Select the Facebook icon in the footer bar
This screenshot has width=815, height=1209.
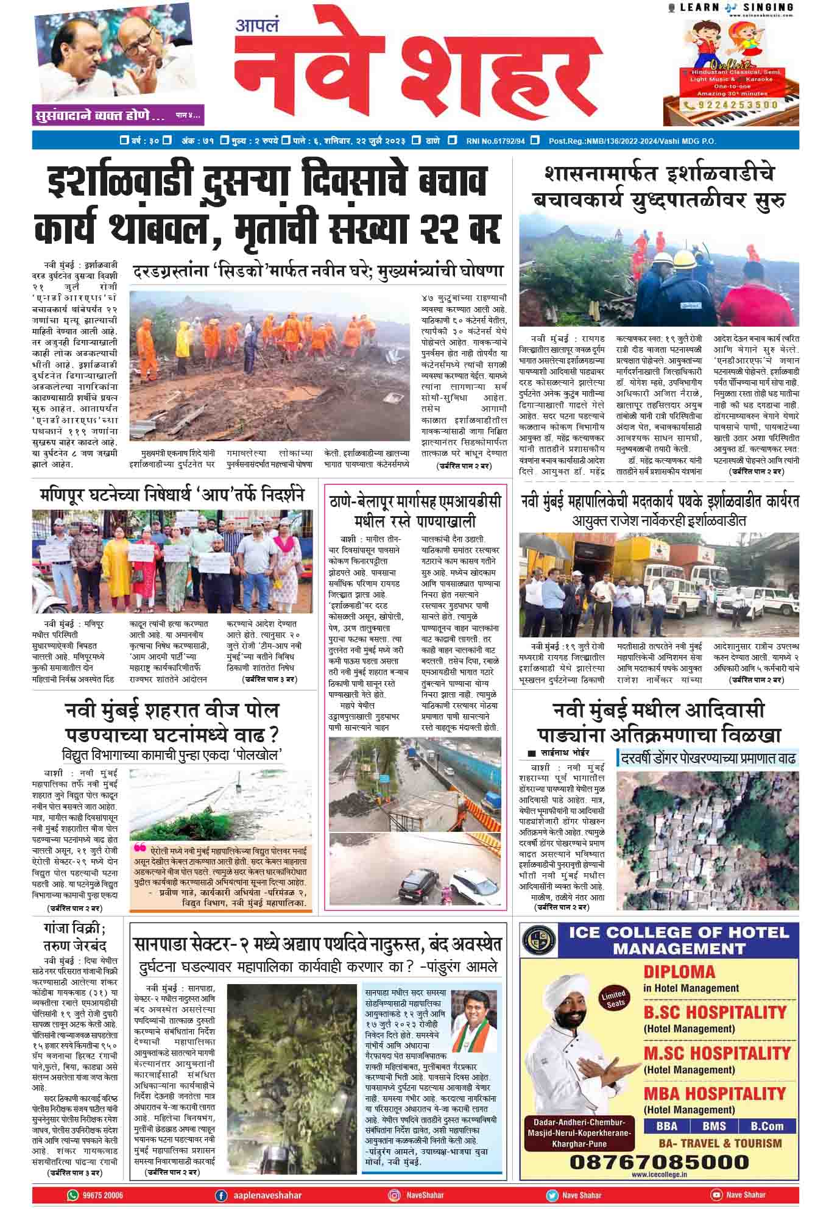pos(222,1195)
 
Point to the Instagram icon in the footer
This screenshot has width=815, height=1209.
pos(395,1195)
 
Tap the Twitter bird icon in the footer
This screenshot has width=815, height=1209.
pos(552,1195)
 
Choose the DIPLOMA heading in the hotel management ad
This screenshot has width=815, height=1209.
pos(679,971)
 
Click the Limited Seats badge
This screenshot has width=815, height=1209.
pos(613,999)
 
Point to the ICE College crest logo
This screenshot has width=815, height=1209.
pos(543,940)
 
